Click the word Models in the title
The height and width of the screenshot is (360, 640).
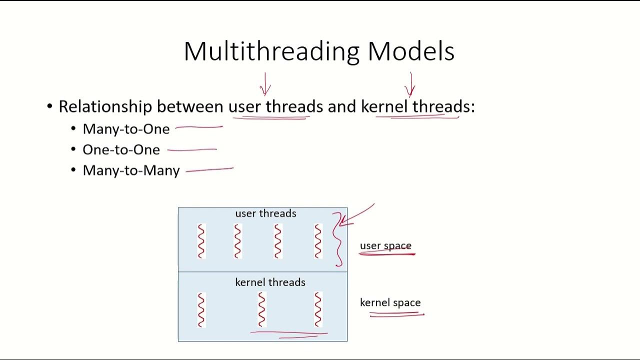click(x=410, y=51)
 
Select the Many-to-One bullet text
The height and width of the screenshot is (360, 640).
click(x=126, y=129)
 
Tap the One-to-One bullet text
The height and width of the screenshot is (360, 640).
click(x=121, y=150)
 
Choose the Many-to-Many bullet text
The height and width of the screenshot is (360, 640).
click(x=131, y=170)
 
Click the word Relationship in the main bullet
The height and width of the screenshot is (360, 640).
click(x=105, y=106)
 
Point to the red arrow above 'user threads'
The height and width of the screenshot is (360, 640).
click(x=265, y=84)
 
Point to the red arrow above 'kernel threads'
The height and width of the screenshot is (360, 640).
click(x=410, y=84)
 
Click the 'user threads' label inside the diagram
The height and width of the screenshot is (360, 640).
click(x=265, y=213)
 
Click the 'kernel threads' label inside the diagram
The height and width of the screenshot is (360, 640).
click(x=270, y=282)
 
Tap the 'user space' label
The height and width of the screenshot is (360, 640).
click(x=385, y=246)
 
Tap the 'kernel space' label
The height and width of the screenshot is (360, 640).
click(x=390, y=302)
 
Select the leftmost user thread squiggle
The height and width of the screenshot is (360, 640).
click(x=201, y=241)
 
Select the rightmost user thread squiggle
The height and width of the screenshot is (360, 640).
click(x=318, y=241)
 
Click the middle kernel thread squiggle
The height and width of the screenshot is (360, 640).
click(x=261, y=309)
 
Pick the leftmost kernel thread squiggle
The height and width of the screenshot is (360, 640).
click(x=201, y=309)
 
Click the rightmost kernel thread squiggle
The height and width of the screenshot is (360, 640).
click(x=318, y=309)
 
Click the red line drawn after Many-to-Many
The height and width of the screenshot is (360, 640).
click(x=209, y=170)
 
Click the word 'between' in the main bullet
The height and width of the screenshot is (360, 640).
click(x=190, y=106)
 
